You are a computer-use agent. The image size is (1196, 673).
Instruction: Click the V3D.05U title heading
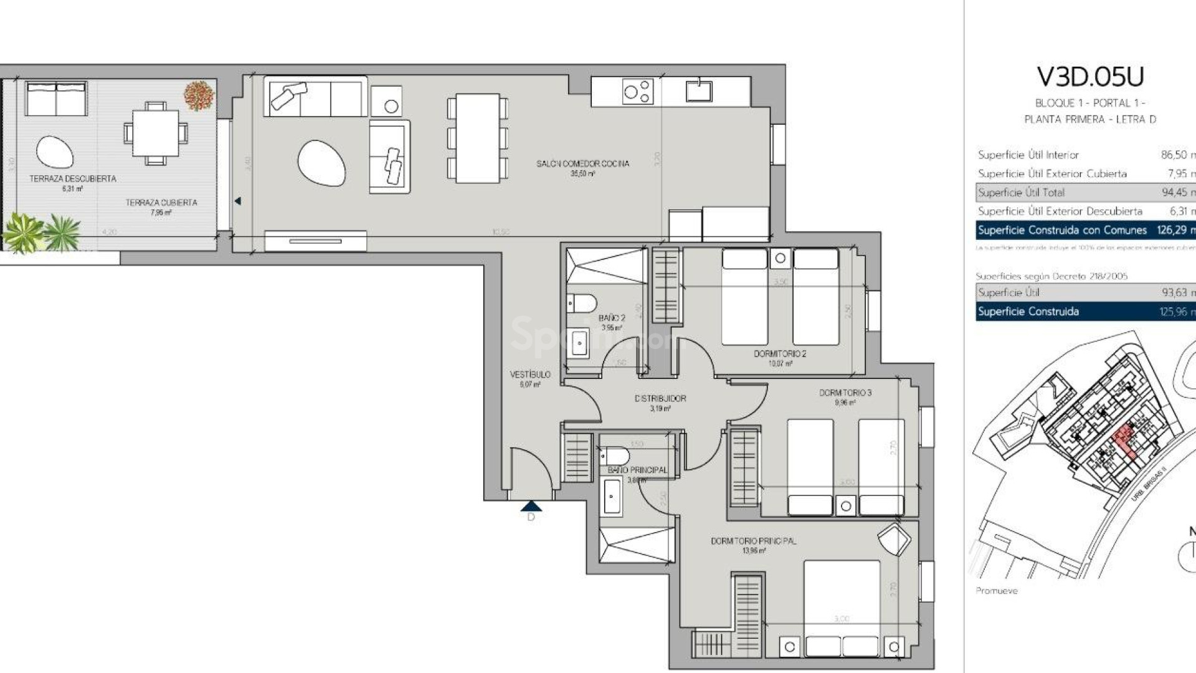click(x=1090, y=77)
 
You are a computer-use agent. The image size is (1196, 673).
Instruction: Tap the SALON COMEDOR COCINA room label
click(x=582, y=164)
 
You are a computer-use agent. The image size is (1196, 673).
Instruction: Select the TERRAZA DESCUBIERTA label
click(x=73, y=179)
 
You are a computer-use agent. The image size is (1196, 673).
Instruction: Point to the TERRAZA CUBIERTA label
click(x=161, y=203)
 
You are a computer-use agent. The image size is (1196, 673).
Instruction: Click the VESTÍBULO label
click(x=530, y=375)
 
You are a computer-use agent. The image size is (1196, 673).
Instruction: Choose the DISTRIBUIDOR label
click(x=660, y=398)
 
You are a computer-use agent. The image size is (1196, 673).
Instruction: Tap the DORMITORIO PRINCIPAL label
click(x=753, y=541)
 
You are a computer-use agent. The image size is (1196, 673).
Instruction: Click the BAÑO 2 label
click(x=612, y=318)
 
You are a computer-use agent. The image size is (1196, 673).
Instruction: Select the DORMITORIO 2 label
click(x=780, y=353)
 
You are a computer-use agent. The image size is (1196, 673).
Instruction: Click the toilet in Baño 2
click(x=582, y=303)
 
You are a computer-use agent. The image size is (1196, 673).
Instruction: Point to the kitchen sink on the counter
click(x=699, y=91)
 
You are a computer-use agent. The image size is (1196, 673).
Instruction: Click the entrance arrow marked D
click(x=531, y=507)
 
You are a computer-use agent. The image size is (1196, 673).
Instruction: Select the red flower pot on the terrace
click(x=199, y=95)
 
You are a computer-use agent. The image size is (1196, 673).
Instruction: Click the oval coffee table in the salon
click(x=321, y=163)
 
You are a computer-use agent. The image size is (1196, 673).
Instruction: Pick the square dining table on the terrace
click(x=156, y=133)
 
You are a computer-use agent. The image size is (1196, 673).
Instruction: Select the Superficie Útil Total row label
click(x=1021, y=193)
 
